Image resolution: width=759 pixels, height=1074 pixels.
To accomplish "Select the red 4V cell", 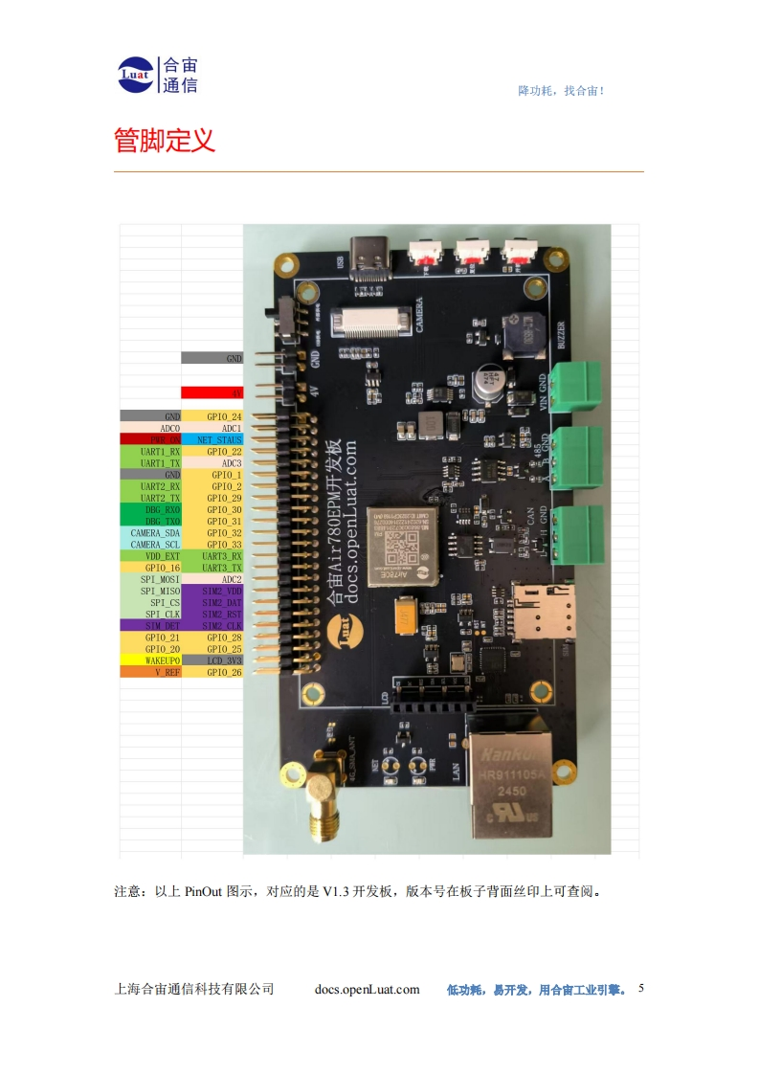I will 212,392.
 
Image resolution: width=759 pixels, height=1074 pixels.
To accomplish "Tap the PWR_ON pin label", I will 150,439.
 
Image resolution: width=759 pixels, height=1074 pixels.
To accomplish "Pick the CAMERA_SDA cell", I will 150,532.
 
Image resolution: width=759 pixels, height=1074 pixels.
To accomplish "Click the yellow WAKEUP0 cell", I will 150,660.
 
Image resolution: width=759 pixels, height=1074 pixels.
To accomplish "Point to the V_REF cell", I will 150,672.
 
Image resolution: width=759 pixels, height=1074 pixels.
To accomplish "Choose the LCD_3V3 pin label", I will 212,660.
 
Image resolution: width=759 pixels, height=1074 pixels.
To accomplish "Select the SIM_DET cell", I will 150,625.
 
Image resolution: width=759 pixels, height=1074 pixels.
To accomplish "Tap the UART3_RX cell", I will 212,555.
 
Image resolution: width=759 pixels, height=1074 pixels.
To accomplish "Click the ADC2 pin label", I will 212,579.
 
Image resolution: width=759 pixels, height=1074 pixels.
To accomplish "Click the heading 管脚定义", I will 165,141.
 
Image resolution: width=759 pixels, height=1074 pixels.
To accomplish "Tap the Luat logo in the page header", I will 136,76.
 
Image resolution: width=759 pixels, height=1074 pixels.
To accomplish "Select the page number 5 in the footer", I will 641,988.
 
